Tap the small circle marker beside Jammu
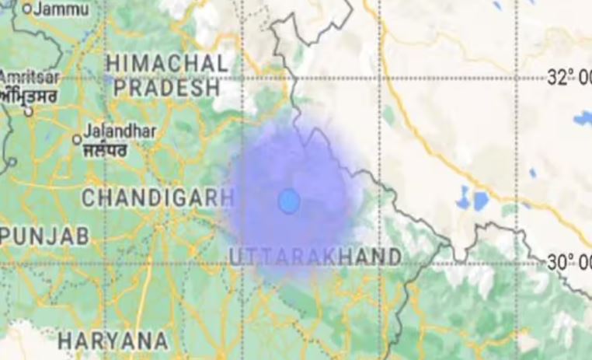27,9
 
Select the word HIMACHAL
168,64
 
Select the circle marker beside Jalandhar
77,139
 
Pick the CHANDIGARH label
158,198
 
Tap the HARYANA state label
113,340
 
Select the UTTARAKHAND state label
316,257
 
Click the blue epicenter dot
289,201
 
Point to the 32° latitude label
569,78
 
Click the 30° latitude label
569,263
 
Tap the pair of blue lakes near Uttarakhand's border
472,201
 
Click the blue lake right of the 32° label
583,118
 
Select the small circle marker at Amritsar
29,111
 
